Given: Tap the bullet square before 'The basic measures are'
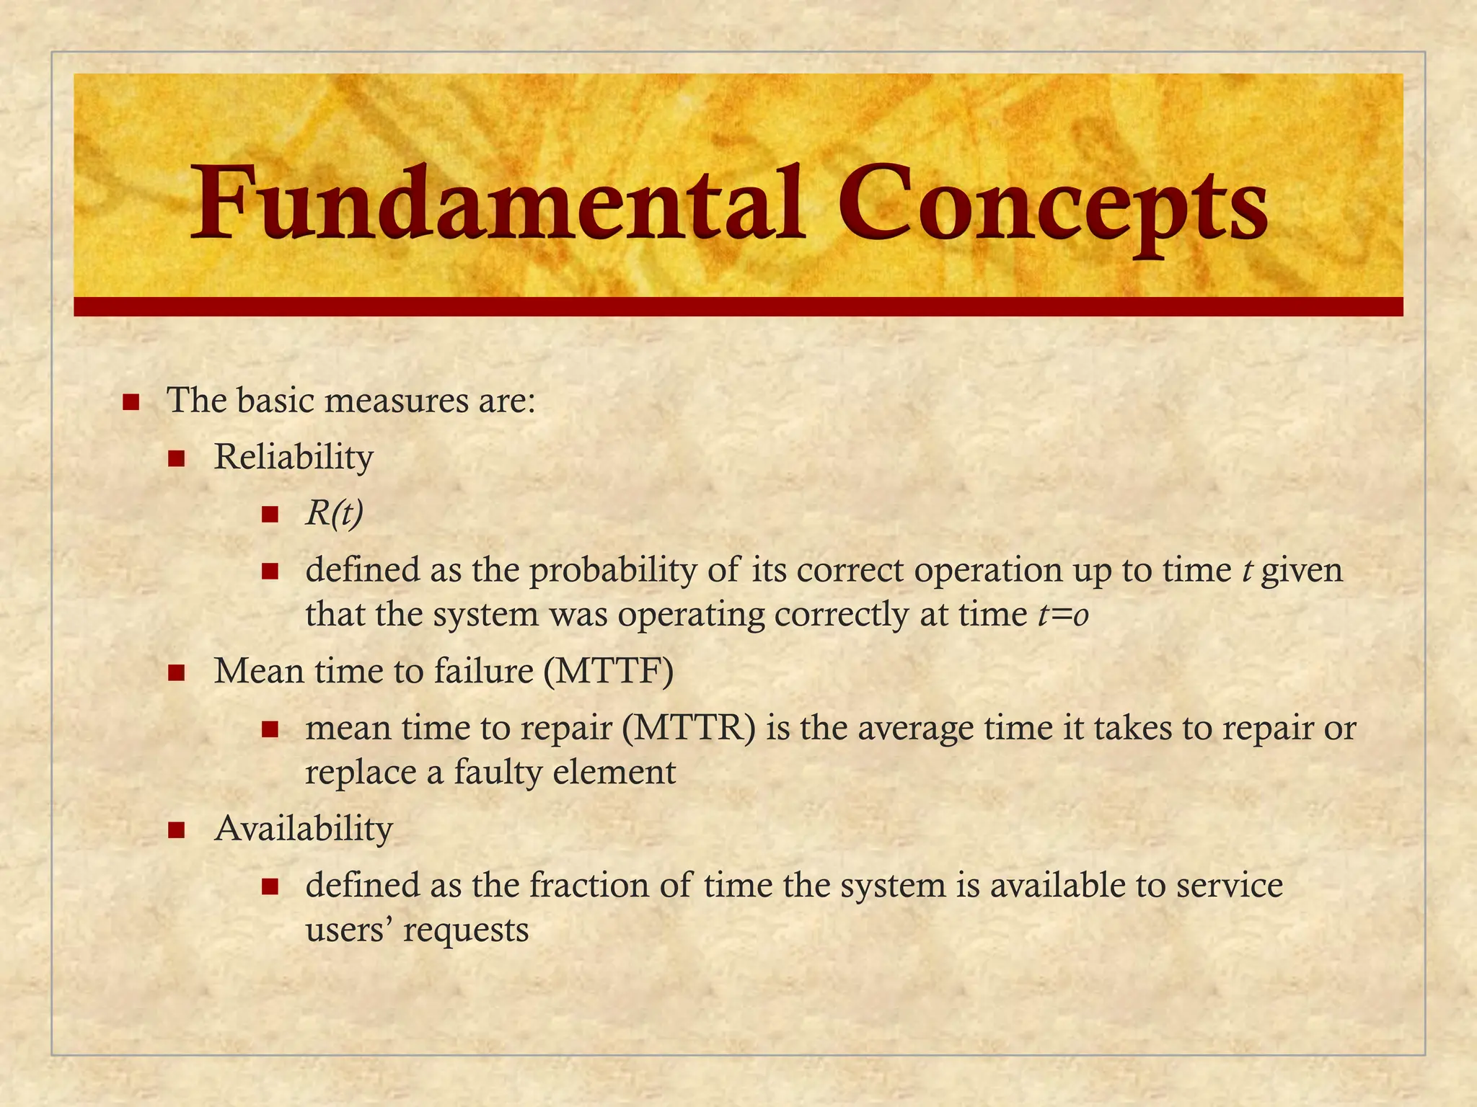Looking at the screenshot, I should tap(131, 401).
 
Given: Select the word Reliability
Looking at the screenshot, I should tap(294, 457).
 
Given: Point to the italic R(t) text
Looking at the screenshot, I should tap(334, 514).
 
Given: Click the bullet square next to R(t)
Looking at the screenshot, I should tap(270, 515).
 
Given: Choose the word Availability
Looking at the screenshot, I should tap(304, 829).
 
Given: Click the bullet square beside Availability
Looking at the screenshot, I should tap(177, 831).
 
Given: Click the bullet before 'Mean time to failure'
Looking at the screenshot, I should tap(177, 674).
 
